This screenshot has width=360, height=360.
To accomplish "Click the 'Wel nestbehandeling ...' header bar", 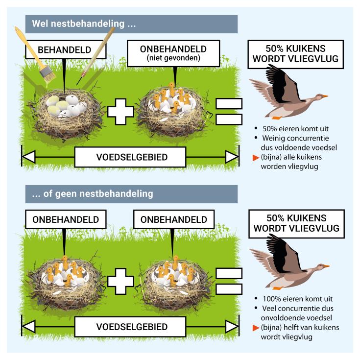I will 131,24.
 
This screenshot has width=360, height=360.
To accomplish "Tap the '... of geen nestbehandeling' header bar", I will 131,193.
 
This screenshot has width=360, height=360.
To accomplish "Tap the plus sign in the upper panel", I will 120,111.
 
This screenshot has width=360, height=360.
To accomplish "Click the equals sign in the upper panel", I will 229,111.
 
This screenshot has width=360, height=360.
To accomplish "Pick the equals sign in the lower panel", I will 229,281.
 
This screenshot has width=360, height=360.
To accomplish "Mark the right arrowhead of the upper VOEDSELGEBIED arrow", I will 232,157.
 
